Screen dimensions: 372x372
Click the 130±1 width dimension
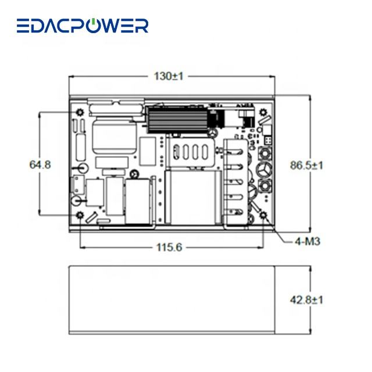169,76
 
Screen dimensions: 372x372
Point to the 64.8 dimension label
40,164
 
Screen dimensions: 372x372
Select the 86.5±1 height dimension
307,165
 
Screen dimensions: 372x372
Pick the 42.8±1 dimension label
307,300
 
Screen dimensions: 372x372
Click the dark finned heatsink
176,119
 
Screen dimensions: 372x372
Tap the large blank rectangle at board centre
192,198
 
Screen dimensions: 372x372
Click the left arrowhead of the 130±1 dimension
71,76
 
